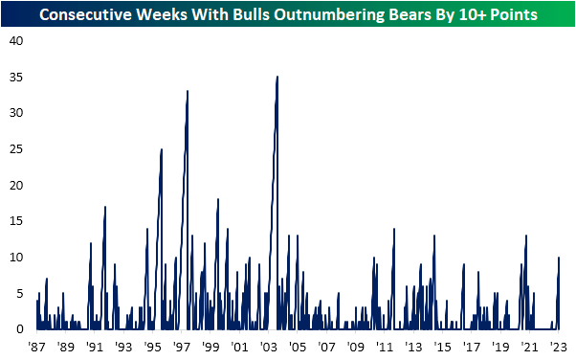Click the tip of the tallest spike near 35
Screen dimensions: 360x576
tap(277, 77)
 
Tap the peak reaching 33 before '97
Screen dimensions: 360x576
tap(188, 91)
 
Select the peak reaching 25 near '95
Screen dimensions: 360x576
tap(162, 149)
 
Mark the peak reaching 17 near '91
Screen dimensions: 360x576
tap(105, 207)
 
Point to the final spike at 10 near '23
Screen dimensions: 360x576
tap(559, 258)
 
